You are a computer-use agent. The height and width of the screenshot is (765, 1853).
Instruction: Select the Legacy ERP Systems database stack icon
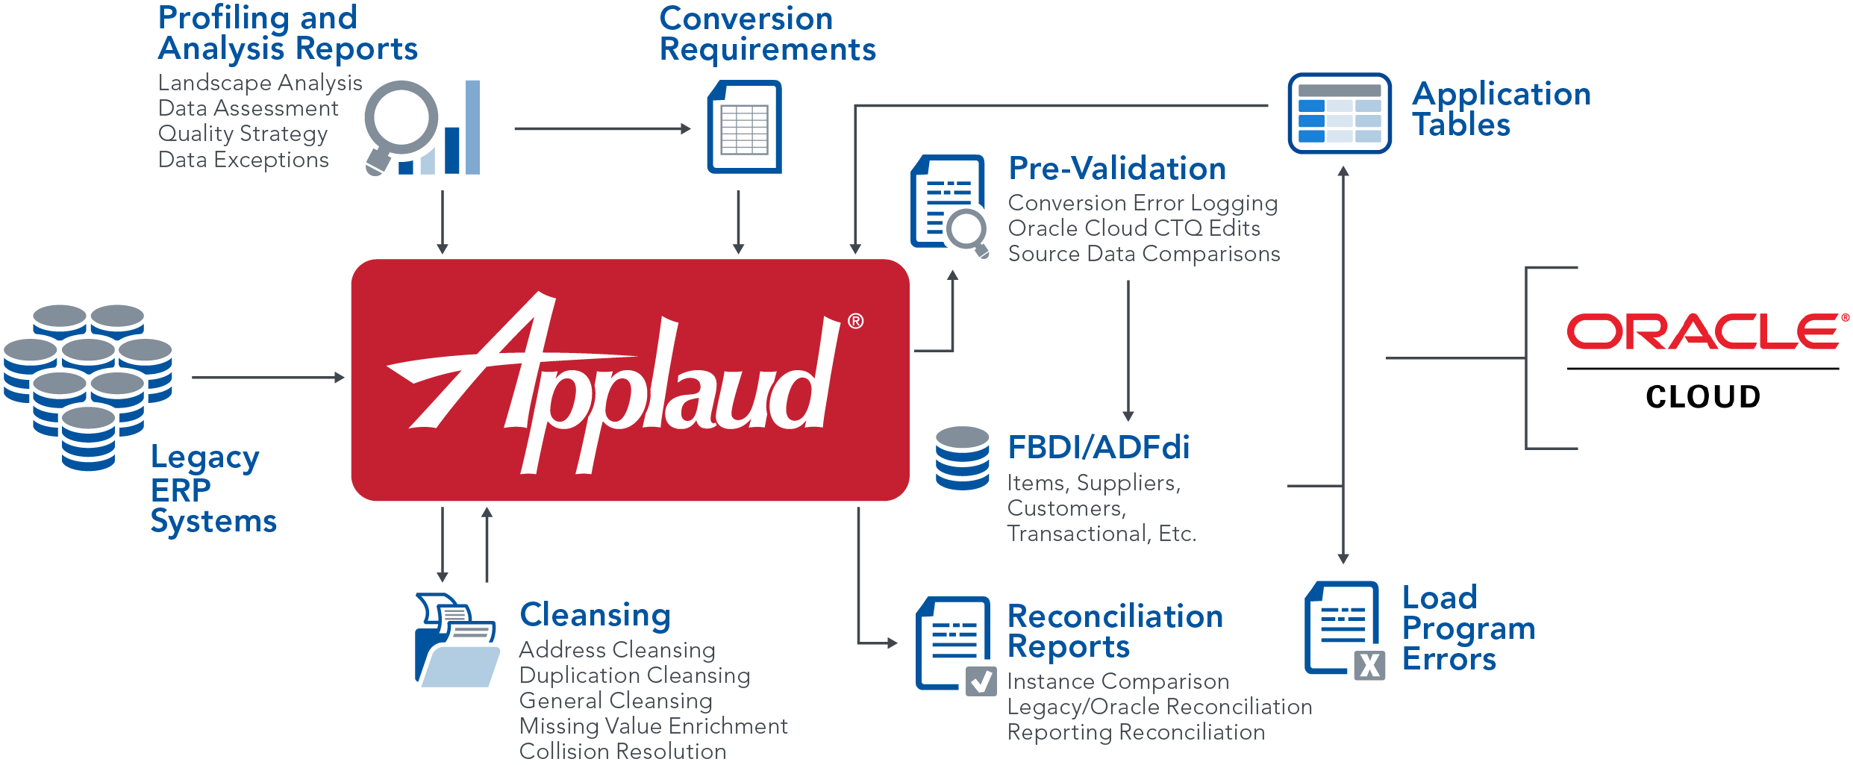point(88,384)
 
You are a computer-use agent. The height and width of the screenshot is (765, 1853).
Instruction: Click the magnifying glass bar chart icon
point(422,128)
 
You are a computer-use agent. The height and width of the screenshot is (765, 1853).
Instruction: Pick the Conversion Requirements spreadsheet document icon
point(744,128)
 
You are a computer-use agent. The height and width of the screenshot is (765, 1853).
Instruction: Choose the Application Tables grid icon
point(1340,113)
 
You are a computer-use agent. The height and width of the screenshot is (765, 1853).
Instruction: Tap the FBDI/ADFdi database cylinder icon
point(963,458)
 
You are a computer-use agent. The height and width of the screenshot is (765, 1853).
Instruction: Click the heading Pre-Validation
point(1116,169)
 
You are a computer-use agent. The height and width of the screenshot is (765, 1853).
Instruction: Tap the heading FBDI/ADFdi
point(1098,448)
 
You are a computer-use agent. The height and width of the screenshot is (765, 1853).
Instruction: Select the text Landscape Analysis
point(260,83)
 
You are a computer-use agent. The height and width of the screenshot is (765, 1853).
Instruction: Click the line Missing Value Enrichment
point(653,726)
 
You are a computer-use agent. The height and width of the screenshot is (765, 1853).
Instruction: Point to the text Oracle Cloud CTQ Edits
point(1134,228)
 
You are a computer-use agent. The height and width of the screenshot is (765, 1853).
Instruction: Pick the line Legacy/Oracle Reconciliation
point(1159,707)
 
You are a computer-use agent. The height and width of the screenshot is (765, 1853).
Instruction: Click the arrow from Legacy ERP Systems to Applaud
point(268,378)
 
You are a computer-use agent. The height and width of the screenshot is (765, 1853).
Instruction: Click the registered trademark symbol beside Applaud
point(855,321)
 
